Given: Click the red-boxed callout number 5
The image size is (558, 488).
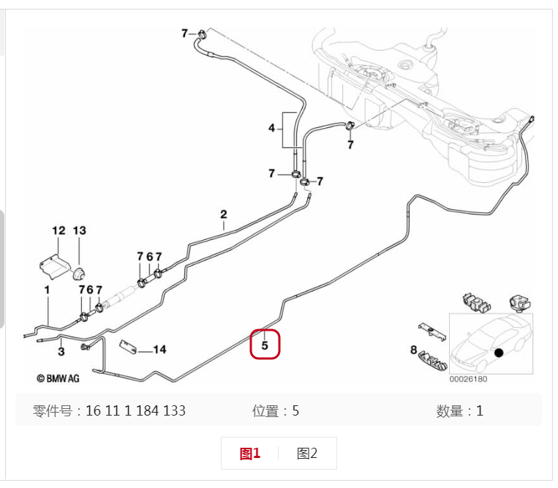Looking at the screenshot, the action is click(265, 345).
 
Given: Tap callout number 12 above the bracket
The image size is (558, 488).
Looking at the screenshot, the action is click(59, 230).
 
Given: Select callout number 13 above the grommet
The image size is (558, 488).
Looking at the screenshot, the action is click(80, 230).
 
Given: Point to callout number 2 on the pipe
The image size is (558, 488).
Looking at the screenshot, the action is click(224, 214).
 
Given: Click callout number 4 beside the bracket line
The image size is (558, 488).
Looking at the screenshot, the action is click(272, 128).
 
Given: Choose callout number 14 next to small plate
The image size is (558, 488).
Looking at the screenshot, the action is click(159, 350).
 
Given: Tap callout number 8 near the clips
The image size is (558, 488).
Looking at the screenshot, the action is click(413, 350).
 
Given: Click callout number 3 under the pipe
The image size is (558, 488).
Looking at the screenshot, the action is click(61, 352).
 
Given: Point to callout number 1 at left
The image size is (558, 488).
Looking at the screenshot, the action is click(47, 290).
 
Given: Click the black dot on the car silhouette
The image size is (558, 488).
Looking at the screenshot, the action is click(499, 353).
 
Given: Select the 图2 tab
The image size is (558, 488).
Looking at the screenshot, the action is click(306, 454).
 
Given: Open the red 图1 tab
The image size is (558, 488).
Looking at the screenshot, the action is click(250, 454).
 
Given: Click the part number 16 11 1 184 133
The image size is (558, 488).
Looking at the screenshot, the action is click(135, 410).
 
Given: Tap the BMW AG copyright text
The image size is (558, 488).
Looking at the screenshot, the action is click(58, 378).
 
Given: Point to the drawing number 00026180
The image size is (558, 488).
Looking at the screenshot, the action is click(468, 379).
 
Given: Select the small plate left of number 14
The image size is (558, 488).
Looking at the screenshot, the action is click(128, 347).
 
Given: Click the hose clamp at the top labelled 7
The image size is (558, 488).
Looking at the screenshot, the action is click(202, 34).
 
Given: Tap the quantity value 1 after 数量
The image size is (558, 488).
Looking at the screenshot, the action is click(480, 411).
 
